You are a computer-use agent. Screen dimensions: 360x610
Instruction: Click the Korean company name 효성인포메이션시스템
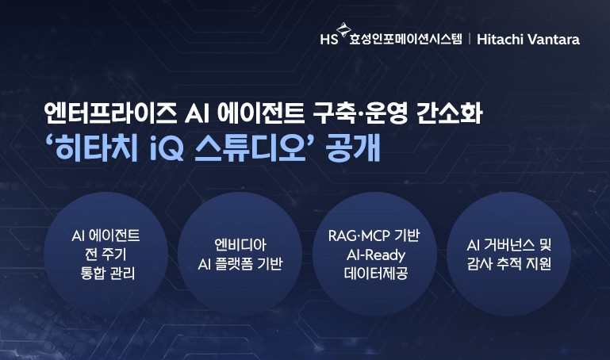click(x=405, y=39)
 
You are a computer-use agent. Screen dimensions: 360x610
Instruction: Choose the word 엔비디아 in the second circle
click(x=239, y=246)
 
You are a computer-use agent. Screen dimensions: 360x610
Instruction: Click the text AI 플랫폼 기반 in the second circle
click(x=239, y=265)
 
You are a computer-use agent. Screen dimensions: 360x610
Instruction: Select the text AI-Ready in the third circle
click(x=375, y=255)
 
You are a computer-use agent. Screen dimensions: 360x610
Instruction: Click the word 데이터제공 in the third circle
click(x=375, y=274)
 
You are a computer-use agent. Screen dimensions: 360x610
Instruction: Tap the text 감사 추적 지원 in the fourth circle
click(x=508, y=265)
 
